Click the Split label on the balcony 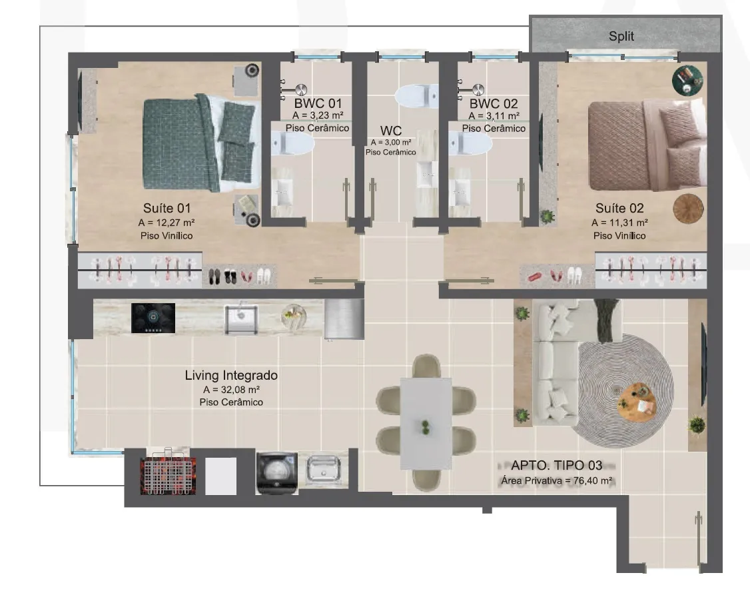pos(621,36)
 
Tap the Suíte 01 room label pos(167,208)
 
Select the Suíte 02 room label pos(619,208)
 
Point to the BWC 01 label pos(318,103)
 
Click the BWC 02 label pos(494,103)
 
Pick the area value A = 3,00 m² pos(391,142)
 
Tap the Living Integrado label pos(231,375)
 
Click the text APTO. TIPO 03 pos(556,465)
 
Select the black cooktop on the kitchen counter pos(153,318)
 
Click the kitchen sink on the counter pos(241,318)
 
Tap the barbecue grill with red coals pos(168,474)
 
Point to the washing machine pos(277,473)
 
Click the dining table pos(426,424)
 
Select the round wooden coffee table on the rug pos(637,401)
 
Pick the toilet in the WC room pos(416,96)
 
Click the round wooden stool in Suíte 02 pos(688,209)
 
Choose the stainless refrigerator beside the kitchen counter pos(344,318)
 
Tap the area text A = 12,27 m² pos(167,223)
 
